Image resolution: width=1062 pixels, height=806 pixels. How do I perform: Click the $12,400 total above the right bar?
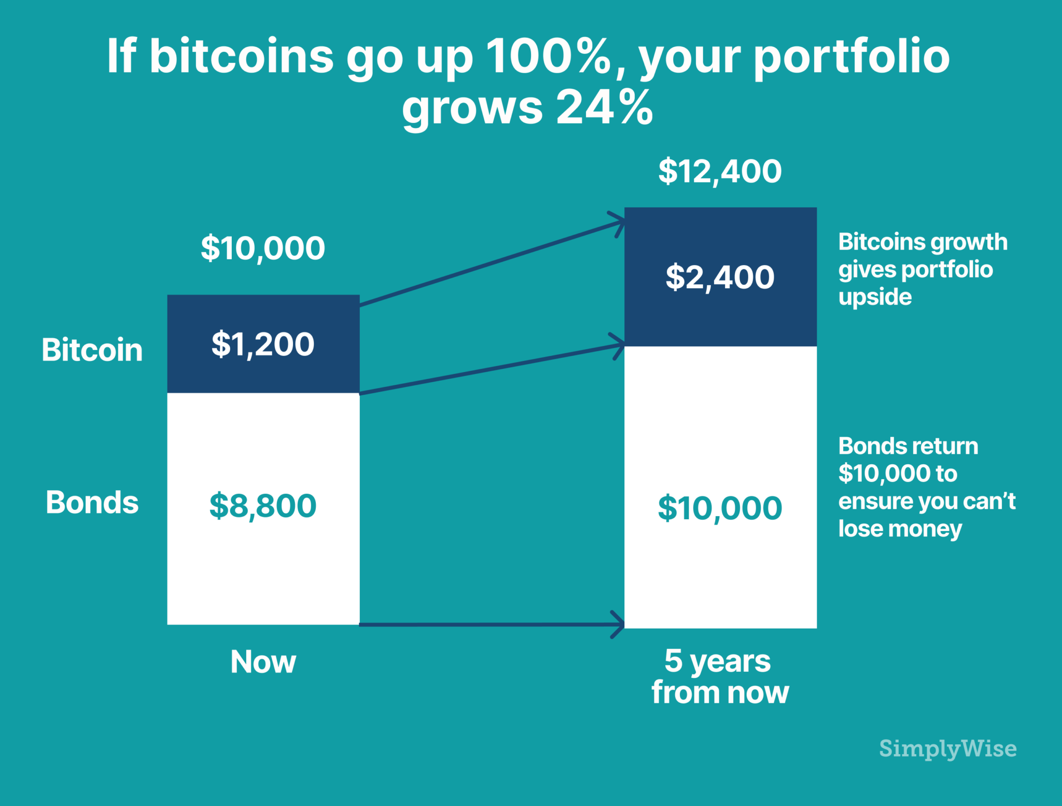click(x=720, y=171)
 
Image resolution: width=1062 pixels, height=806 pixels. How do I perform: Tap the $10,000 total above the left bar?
click(x=263, y=248)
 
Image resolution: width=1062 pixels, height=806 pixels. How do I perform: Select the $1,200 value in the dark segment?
click(x=263, y=344)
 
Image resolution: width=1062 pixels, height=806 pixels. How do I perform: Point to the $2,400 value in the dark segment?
click(x=720, y=277)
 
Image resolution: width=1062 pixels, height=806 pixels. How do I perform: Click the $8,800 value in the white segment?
click(x=263, y=506)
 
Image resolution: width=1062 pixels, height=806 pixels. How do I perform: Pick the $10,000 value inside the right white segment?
click(x=720, y=508)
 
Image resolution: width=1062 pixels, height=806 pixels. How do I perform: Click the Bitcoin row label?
click(x=92, y=350)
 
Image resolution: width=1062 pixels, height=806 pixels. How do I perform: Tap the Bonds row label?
click(x=92, y=502)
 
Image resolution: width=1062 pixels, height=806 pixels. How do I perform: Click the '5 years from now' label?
click(x=720, y=676)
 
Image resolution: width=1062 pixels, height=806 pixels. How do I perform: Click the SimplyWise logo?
click(x=947, y=748)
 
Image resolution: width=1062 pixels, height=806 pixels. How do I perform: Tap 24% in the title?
click(x=604, y=107)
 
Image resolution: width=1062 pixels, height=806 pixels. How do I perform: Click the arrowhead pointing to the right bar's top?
click(x=618, y=223)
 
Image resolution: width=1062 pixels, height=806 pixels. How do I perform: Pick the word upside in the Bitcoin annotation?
click(x=875, y=297)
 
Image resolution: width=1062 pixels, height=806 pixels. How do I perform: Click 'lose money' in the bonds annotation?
click(x=900, y=529)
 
